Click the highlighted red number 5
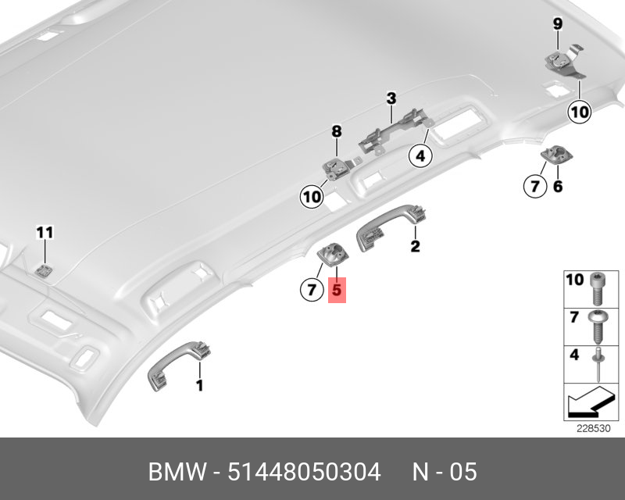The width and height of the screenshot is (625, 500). point(337,290)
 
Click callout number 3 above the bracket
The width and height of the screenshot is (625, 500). point(391,98)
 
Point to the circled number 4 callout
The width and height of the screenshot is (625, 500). point(420,156)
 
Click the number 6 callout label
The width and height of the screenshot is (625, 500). point(558,186)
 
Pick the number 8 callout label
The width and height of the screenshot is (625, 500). point(337,131)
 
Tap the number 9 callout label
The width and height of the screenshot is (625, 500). point(558,24)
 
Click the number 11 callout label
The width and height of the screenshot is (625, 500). point(45,233)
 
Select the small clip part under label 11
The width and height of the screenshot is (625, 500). point(43,271)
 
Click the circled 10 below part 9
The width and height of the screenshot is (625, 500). point(579,112)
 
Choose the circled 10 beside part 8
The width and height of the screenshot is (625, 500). point(312,197)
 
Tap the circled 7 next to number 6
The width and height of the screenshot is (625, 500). point(535,186)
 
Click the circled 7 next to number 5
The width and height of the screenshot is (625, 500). point(312,290)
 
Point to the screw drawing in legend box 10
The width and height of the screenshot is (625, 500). point(598,289)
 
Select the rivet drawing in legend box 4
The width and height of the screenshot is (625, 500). point(598,365)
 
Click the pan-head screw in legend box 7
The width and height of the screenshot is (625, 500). point(598,327)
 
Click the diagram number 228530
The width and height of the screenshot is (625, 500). point(594,429)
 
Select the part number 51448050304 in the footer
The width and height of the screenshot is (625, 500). point(304,472)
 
